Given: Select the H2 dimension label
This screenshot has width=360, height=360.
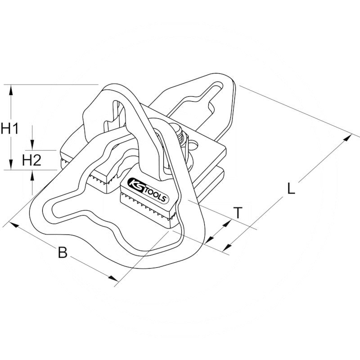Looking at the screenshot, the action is (x=31, y=160).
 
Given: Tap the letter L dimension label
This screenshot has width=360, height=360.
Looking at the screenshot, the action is (x=291, y=189).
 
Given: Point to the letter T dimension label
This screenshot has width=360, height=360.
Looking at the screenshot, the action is (x=238, y=212).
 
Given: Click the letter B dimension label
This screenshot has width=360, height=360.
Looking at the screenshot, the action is (x=63, y=252).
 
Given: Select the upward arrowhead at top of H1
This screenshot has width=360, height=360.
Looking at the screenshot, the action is (x=10, y=90).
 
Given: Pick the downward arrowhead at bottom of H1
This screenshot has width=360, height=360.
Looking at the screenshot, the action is (x=10, y=164).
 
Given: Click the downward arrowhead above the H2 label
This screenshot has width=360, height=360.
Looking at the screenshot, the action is (x=32, y=145).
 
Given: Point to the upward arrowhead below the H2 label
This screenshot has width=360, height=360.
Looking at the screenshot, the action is (x=32, y=175).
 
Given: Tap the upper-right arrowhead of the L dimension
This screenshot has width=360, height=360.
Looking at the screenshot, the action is (x=347, y=138).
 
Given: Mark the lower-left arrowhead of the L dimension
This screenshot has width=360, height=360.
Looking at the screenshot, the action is (x=227, y=247).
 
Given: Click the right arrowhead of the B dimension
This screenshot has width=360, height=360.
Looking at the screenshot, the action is (x=114, y=278).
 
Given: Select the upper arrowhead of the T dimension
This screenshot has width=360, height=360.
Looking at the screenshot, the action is (x=227, y=223).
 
